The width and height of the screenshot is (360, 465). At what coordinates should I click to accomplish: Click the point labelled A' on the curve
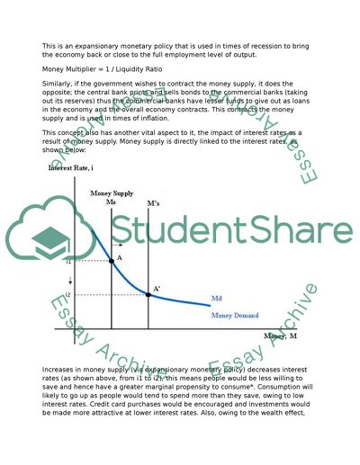click(x=148, y=294)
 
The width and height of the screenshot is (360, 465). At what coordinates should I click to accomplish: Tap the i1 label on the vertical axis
click(x=68, y=262)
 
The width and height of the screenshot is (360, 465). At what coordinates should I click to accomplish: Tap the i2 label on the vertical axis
click(x=68, y=294)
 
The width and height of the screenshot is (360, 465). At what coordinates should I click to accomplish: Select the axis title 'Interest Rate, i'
click(x=72, y=167)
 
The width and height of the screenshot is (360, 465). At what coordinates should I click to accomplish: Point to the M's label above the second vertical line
click(x=154, y=203)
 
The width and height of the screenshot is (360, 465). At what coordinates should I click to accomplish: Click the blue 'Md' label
click(x=217, y=298)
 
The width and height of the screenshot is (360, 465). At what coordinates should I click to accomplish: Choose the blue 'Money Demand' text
click(x=234, y=316)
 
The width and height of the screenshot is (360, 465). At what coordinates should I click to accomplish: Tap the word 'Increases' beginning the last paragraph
click(x=60, y=370)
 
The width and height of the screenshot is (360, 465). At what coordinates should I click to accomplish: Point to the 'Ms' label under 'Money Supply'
click(x=111, y=202)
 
